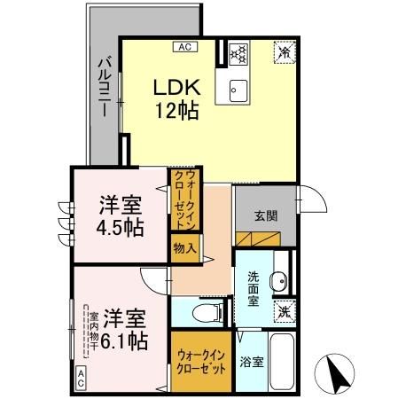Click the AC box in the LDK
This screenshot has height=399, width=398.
185,47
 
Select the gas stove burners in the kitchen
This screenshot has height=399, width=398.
238,53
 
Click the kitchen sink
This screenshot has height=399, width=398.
238,89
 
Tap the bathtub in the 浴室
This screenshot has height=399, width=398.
282,363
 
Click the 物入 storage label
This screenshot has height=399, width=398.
184,249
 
